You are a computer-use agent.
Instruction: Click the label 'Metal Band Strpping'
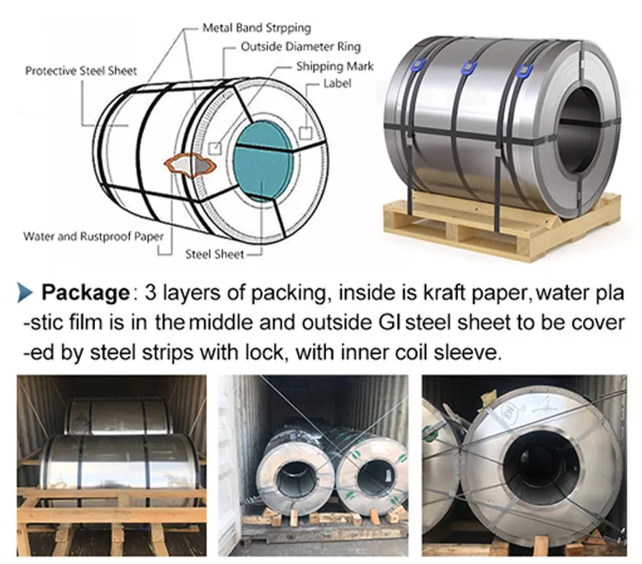[x=257, y=28]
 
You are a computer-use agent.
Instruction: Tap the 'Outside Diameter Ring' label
[x=300, y=47]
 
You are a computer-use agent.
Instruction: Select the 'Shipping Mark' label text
[x=335, y=66]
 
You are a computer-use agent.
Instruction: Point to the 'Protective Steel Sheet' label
[x=80, y=71]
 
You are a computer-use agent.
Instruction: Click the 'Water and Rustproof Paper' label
[x=93, y=236]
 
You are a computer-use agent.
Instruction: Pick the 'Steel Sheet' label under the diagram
[x=215, y=254]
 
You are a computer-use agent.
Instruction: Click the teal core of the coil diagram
[x=263, y=161]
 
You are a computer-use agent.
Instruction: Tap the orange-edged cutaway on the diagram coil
[x=190, y=164]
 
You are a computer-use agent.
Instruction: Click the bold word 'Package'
[x=86, y=293]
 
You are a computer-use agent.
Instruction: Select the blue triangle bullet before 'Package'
[x=25, y=293]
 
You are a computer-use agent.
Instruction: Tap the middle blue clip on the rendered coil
[x=469, y=68]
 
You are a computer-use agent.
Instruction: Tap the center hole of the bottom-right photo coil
[x=541, y=466]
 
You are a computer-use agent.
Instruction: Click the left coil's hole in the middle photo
[x=296, y=478]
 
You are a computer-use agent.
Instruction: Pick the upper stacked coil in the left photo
[x=119, y=416]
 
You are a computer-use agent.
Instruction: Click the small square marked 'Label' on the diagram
[x=306, y=133]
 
